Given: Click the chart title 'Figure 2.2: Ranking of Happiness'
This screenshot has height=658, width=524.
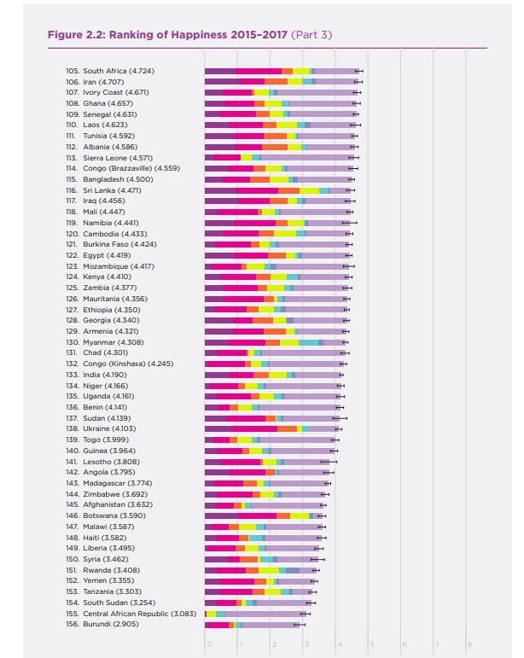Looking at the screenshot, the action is point(167,34).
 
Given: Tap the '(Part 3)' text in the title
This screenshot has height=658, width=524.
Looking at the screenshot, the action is point(311,34).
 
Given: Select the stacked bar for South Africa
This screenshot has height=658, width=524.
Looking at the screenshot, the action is point(282,72).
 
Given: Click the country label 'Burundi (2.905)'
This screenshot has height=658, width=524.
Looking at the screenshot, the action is point(111,624).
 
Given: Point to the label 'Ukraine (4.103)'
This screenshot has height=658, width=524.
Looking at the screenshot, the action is point(109,428).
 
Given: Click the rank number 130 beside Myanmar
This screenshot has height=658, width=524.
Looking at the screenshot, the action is point(73,342).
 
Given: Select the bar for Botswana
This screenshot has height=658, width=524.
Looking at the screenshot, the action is point(264,515).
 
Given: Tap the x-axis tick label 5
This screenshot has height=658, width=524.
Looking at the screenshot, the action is point(372,644).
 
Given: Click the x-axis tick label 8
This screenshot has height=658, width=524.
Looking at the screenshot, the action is point(469,644).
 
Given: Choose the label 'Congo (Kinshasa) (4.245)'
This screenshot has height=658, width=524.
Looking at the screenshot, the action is point(128,364).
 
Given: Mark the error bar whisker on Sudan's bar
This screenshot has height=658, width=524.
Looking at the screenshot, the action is point(340,418).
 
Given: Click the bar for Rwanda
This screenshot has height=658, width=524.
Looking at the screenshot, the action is point(260,570).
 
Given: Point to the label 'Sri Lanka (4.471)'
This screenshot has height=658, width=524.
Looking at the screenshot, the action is point(112,190).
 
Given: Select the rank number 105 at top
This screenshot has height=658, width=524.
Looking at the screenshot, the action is point(73,71).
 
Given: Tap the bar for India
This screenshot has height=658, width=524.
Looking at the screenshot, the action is point(273,376).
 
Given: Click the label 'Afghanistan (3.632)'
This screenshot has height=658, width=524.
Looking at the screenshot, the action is point(118,504).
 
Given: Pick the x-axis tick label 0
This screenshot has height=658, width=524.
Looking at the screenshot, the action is point(209,644).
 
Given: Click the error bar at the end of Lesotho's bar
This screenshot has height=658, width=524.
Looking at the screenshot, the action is point(329,462).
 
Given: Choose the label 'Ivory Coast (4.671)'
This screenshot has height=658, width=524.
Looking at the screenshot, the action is point(116,92).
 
